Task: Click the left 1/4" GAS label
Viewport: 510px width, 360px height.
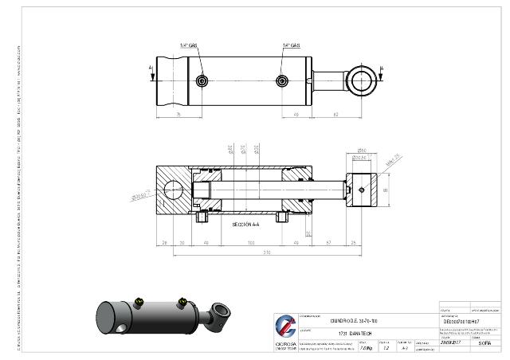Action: [188, 45]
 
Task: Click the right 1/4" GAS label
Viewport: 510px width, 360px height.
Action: [291, 45]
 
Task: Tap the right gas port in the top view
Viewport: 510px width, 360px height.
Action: [281, 80]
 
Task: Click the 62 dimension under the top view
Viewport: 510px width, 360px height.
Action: [337, 115]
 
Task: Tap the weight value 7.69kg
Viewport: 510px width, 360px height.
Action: [367, 348]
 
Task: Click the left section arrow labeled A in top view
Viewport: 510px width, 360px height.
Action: [151, 71]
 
